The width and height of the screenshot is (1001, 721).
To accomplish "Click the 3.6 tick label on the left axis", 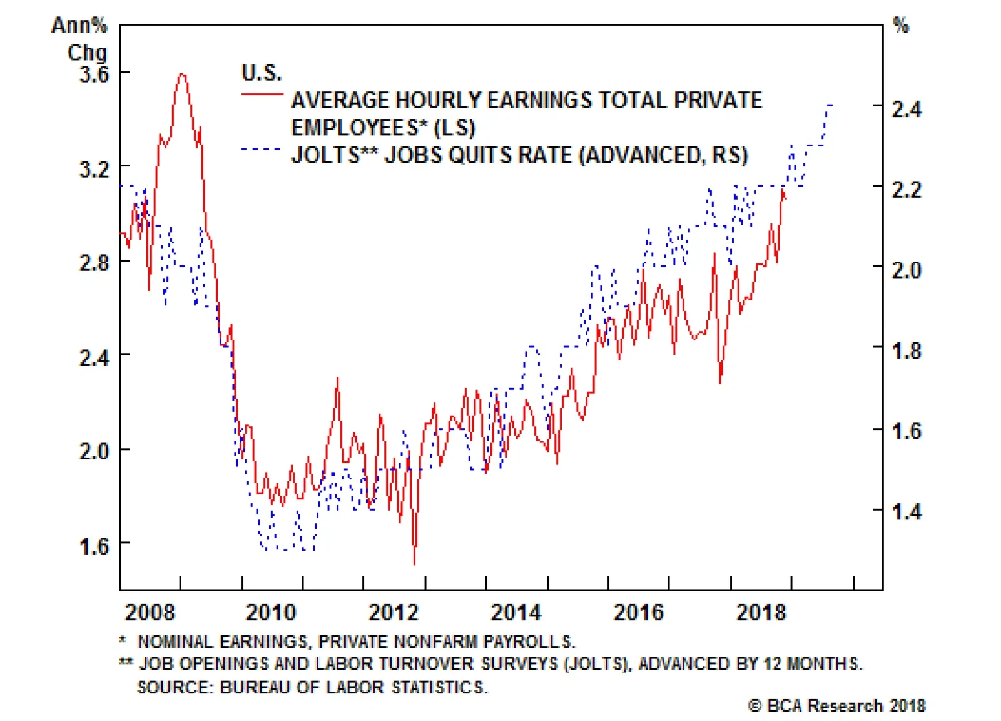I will pos(93,74).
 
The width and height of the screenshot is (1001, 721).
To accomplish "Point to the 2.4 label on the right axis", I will pos(907,109).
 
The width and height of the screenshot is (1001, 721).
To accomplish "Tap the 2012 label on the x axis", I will pos(393,612).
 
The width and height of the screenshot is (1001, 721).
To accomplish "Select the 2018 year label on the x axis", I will pos(760,612).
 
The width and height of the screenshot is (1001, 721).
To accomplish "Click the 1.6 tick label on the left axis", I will pos(93,546).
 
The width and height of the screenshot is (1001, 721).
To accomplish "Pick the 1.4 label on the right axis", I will pos(907,511).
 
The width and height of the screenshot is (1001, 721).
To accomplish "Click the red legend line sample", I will pos(262,95).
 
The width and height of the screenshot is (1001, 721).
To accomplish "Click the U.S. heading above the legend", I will pos(262,73).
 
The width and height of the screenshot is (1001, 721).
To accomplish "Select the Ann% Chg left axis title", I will pos(80,39).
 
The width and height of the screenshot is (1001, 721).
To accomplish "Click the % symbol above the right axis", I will pos(900,26).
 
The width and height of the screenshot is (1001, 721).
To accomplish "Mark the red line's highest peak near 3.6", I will pos(181,74).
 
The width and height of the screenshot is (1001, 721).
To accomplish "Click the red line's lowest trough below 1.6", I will pos(414,564).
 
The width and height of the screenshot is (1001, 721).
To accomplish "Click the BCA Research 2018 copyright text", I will pos(837,705).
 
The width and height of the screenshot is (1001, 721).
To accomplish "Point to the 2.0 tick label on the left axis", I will pos(93,451).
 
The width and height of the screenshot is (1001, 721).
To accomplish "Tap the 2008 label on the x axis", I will pos(150,612).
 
